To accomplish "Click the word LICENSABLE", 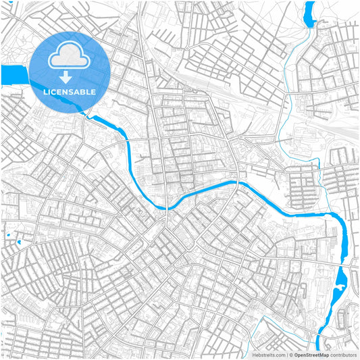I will [x=70, y=91].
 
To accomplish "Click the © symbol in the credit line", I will [x=290, y=354].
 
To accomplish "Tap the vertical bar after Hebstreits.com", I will [x=286, y=354].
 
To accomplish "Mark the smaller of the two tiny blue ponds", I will [x=19, y=241].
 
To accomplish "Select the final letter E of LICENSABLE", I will [x=93, y=91].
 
